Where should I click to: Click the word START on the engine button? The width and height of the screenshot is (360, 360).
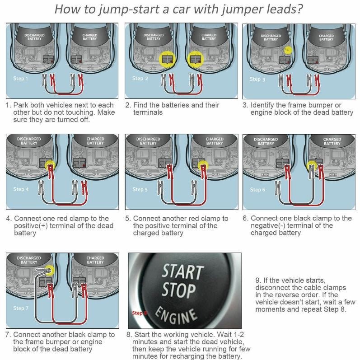pos(182,272)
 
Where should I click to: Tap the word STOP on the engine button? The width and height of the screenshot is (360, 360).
pos(178,291)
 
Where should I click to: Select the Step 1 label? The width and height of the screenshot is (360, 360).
pos(20,78)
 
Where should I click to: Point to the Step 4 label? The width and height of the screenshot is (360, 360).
pos(21,189)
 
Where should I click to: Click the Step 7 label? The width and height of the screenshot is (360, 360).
pos(21,308)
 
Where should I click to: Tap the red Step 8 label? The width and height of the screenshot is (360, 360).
pos(139,313)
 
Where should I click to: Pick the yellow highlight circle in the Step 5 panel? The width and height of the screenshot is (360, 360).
pos(202,165)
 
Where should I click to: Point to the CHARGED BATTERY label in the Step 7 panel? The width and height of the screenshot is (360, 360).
pos(95,260)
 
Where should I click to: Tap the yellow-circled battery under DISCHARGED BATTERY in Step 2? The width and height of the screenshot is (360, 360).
pos(167,58)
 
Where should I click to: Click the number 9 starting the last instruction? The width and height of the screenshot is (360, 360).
pos(258,281)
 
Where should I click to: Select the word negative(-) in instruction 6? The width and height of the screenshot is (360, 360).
pos(269,225)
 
